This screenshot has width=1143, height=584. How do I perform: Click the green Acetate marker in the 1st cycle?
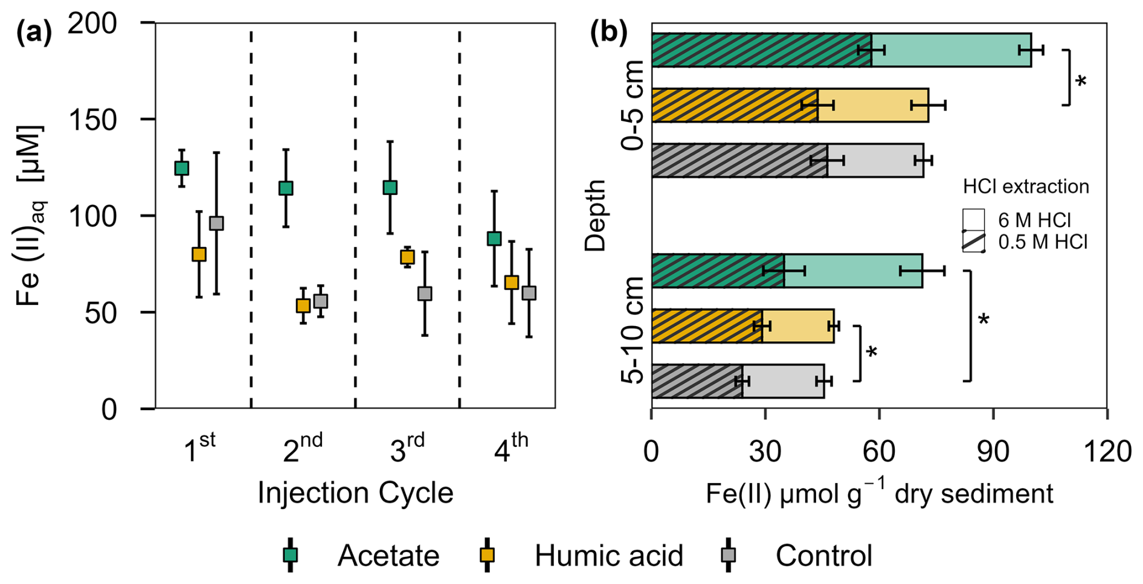point(181,168)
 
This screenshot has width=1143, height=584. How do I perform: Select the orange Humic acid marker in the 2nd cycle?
point(303,306)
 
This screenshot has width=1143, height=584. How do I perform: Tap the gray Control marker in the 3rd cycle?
point(425,294)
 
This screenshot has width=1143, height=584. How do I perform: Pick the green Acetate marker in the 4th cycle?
point(494,239)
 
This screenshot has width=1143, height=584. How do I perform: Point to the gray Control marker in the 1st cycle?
point(216,223)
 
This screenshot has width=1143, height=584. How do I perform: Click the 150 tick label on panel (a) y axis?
point(93,120)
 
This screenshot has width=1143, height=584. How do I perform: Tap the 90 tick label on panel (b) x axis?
point(993,452)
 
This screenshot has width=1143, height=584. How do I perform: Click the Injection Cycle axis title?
point(355,493)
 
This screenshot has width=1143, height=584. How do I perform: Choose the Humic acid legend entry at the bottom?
point(608,556)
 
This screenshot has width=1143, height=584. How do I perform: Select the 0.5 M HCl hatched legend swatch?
point(973,242)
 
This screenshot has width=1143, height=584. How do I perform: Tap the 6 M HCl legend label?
point(1034,220)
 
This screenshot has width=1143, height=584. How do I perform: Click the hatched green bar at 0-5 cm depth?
point(761,50)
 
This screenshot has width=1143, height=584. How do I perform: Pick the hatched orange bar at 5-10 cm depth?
point(707,326)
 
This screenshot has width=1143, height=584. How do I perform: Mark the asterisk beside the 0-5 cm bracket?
point(1081,81)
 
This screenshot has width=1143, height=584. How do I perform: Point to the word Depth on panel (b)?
point(596,215)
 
